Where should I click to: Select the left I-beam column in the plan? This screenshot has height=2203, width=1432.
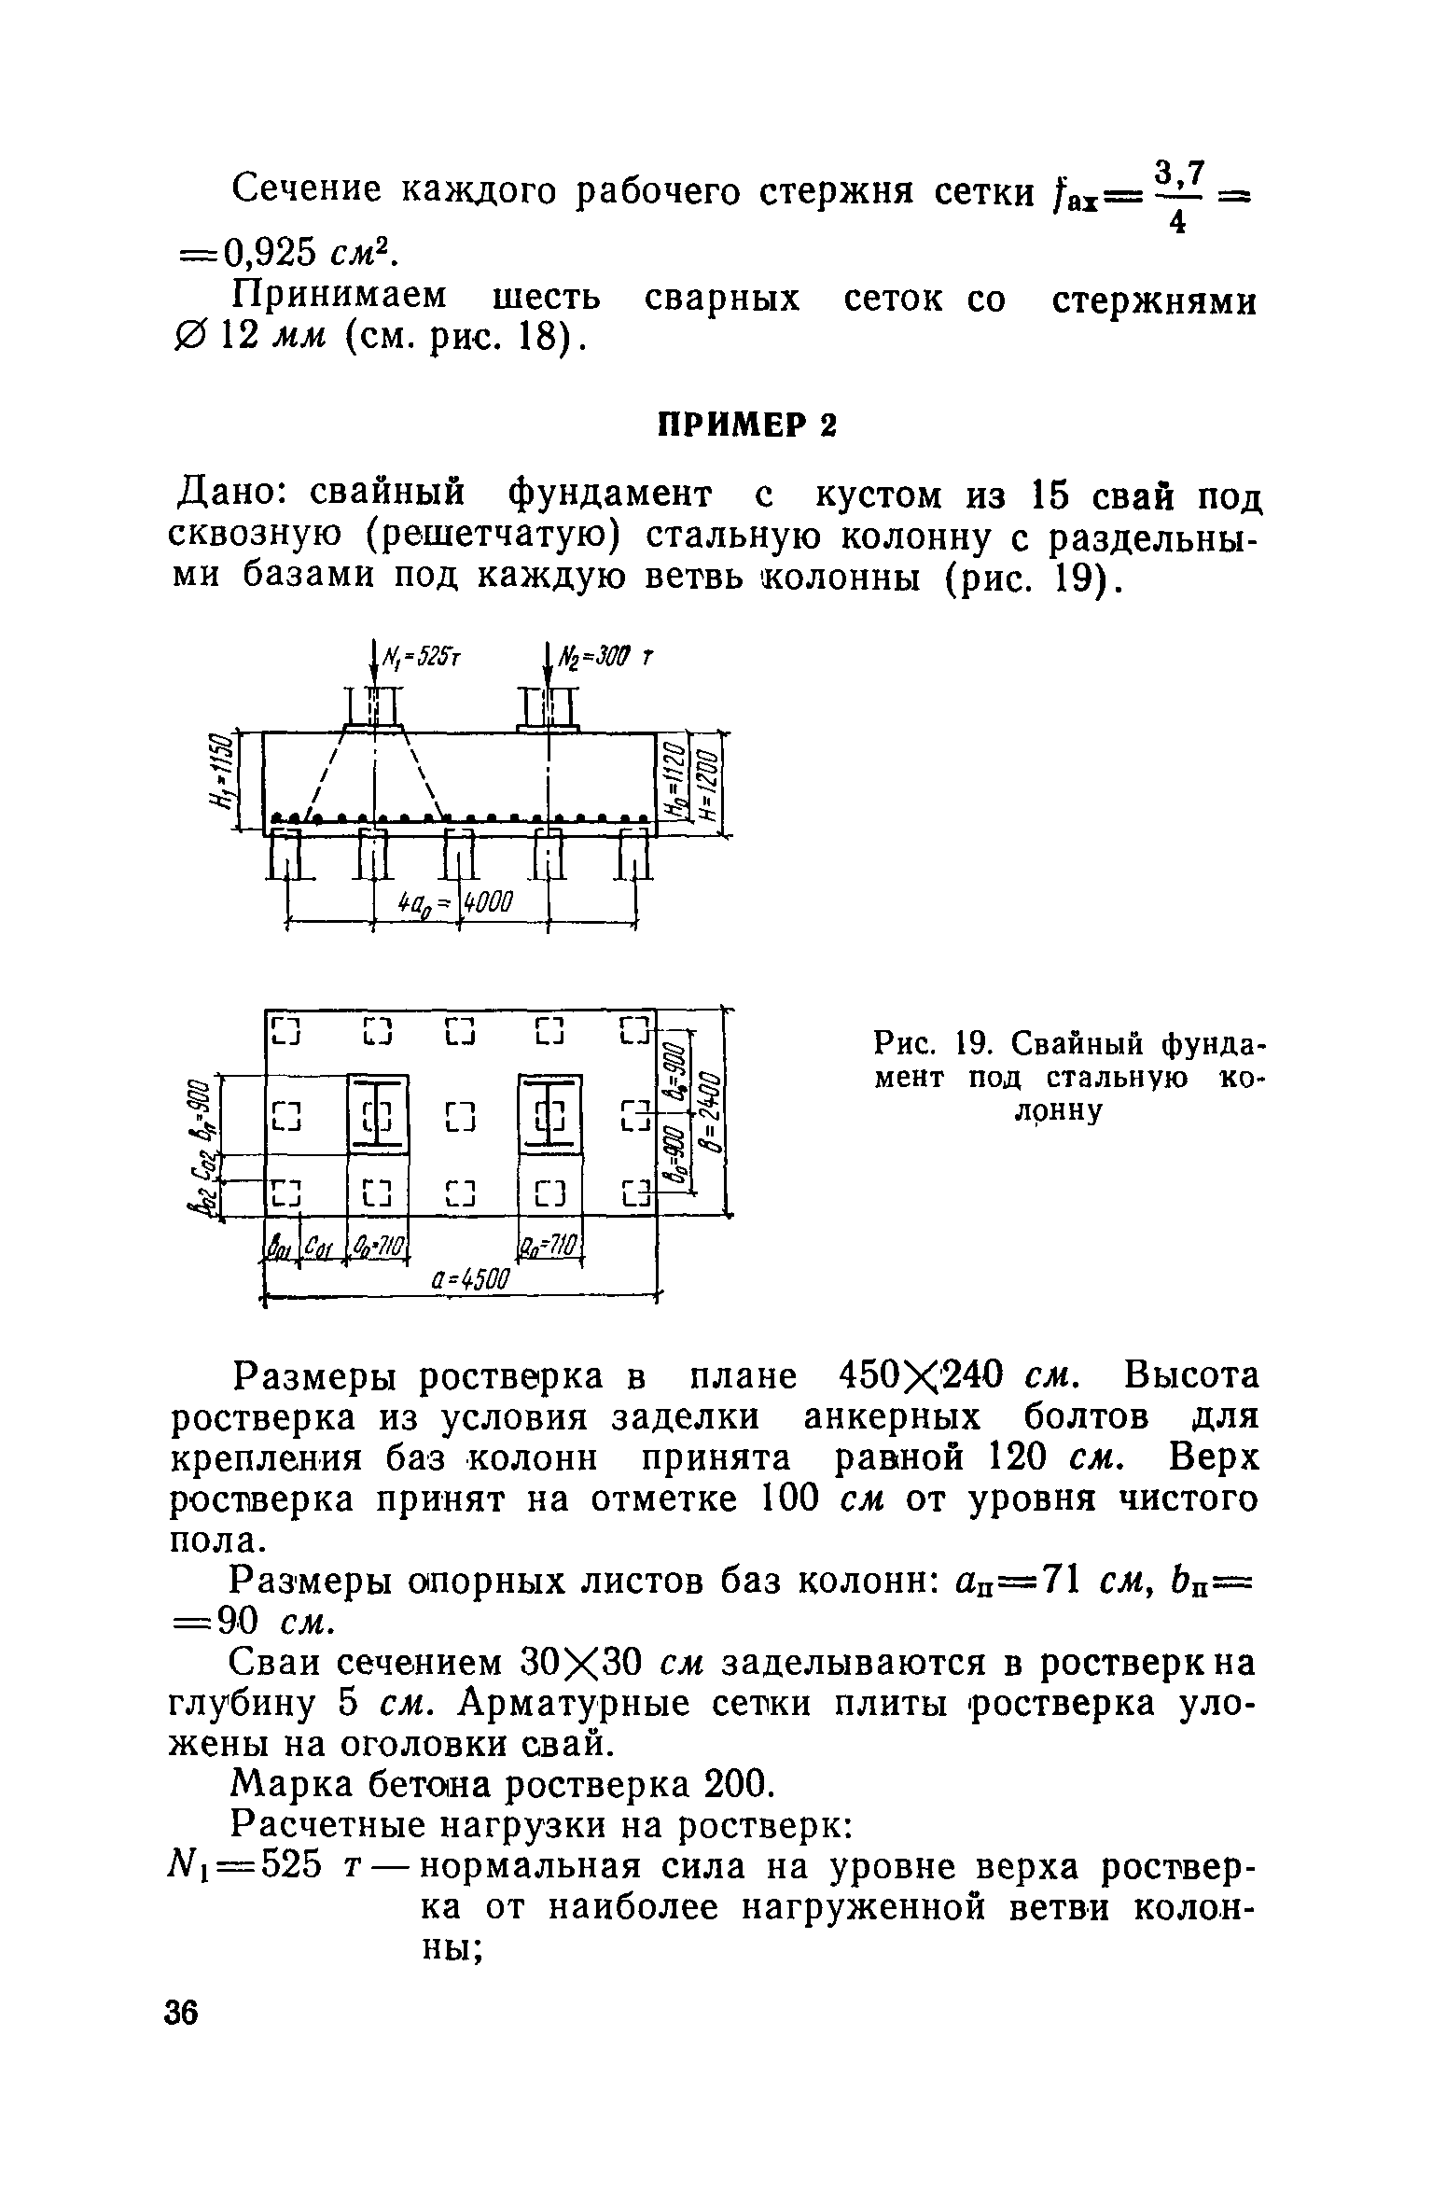point(378,1114)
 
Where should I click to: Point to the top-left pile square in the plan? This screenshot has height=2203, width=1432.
point(286,1033)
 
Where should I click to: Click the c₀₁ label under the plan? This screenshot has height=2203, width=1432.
point(317,1247)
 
